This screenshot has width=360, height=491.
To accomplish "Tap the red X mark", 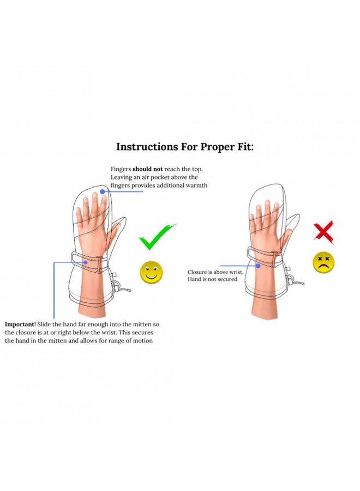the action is click(x=323, y=232).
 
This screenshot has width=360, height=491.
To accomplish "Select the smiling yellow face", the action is click(x=151, y=272).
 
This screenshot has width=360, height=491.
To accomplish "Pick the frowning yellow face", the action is click(x=323, y=262).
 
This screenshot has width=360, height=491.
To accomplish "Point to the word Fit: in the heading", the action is click(x=244, y=147).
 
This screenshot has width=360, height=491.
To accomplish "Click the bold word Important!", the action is click(x=20, y=324).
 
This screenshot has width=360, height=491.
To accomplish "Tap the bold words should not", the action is click(x=147, y=169).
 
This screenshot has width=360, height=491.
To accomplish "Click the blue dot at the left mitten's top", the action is click(x=103, y=191).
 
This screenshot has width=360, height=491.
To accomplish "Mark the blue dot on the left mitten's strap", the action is click(x=85, y=262).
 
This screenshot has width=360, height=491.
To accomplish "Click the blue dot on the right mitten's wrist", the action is click(x=258, y=266).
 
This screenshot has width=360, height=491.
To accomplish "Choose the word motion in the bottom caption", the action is click(x=143, y=340).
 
